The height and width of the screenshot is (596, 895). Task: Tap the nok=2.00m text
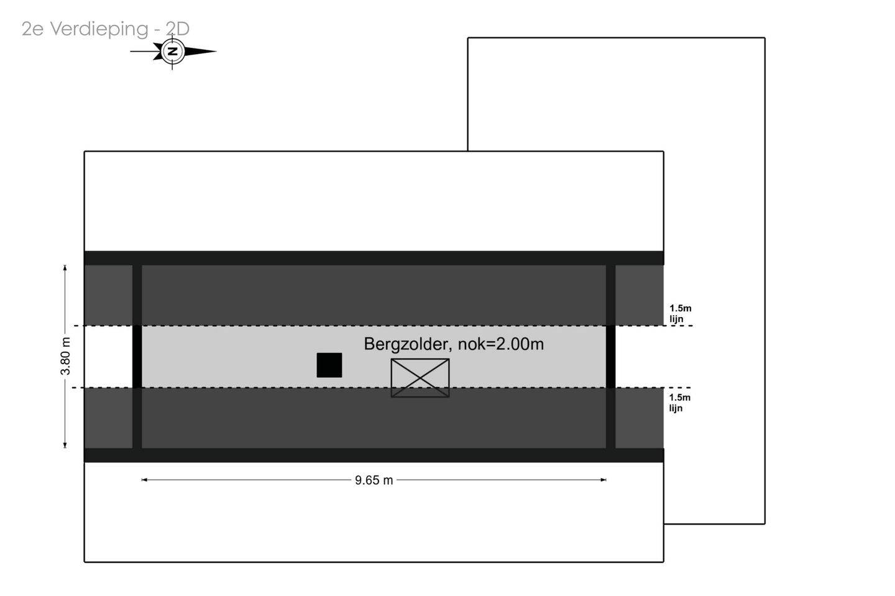coord(501,344)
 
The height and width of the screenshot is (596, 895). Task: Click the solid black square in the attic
coord(329,365)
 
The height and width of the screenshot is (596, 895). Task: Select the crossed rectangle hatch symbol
coord(420,378)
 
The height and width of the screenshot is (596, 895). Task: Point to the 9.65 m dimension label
coord(374,480)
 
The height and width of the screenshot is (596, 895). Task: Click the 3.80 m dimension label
coord(65,356)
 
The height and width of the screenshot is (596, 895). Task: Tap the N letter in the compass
coord(173,52)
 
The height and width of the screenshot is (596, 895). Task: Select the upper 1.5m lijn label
coord(680,314)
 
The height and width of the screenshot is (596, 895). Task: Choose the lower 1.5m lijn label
coord(680,403)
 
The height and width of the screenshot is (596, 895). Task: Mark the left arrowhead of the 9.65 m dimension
coord(144,480)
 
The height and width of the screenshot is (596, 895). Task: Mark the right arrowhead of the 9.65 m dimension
coord(604,480)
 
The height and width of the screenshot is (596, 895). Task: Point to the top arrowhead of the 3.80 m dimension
coord(65,268)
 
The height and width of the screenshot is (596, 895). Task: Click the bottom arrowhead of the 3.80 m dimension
coord(65,445)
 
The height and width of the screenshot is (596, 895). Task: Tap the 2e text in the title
coord(32,29)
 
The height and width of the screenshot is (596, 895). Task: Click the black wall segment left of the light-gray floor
coord(137,357)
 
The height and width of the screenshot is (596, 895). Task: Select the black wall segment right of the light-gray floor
coord(610,357)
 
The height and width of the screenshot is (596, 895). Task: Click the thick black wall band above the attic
coord(374,258)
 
